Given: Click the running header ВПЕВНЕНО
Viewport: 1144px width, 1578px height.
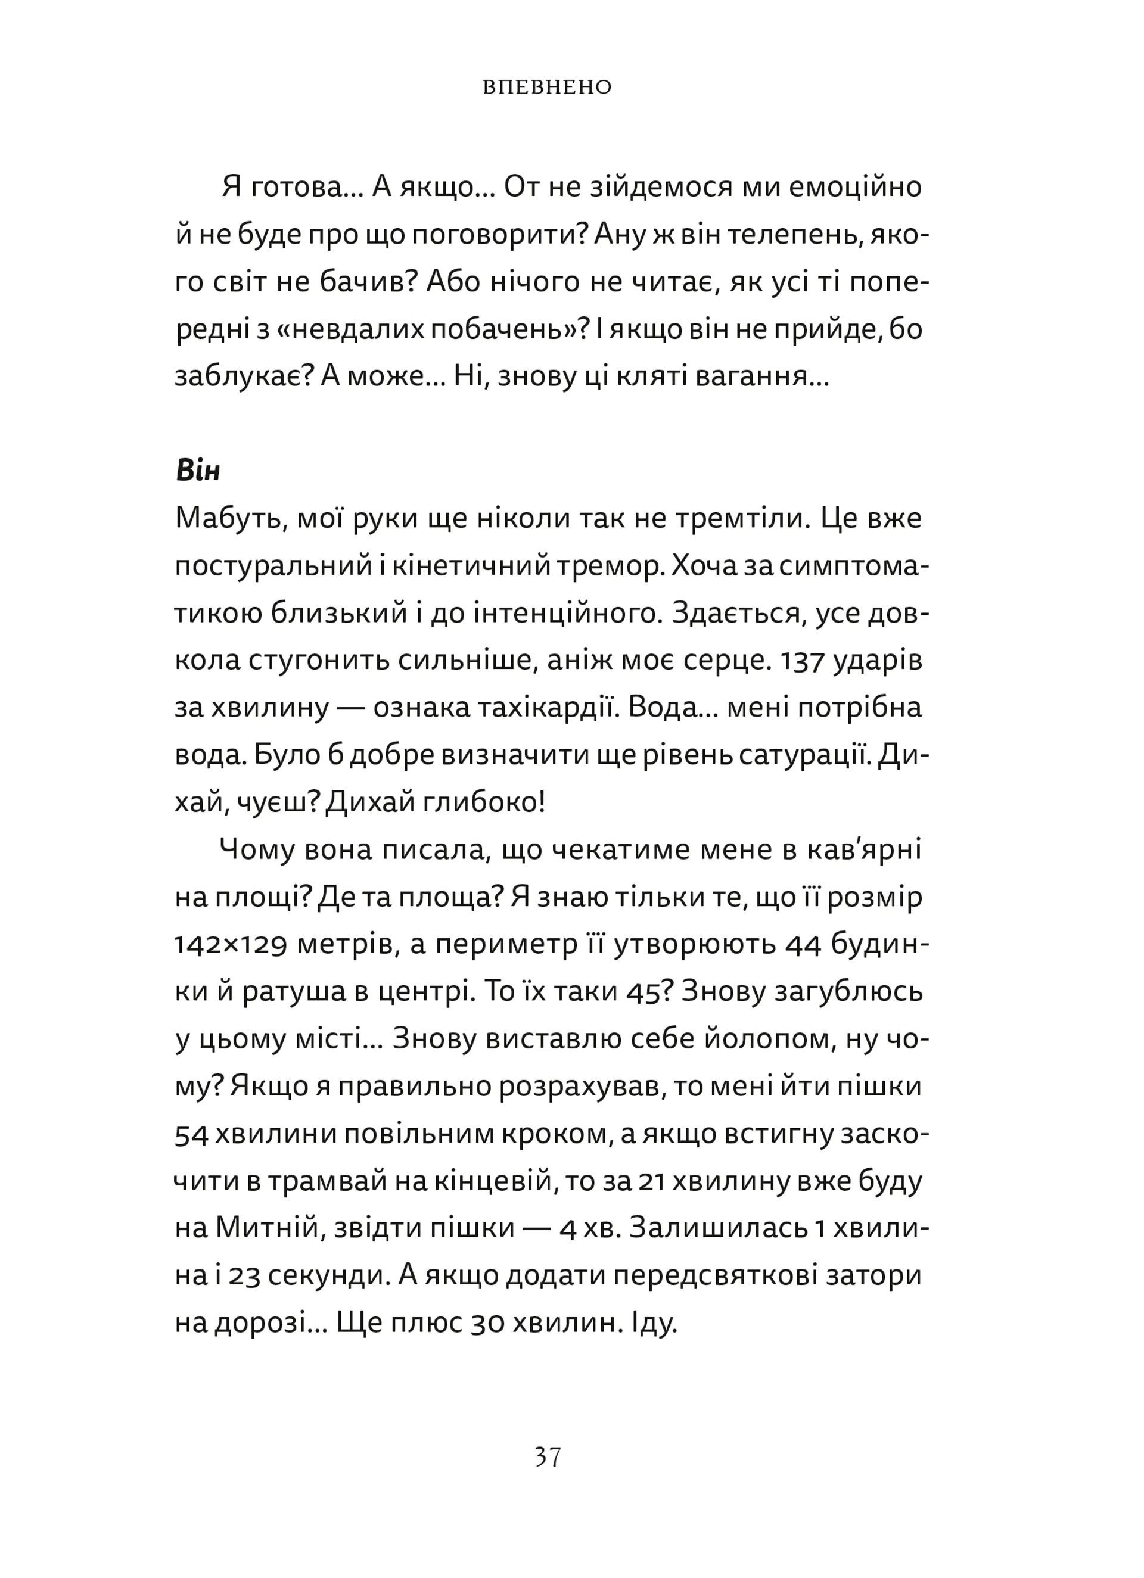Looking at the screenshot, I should pos(547,88).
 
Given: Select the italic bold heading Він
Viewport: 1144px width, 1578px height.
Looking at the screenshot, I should pos(198,471).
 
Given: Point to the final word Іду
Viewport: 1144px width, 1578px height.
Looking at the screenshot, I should pos(655,1322).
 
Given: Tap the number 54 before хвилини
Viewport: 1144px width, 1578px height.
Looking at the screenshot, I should pos(191,1134).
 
